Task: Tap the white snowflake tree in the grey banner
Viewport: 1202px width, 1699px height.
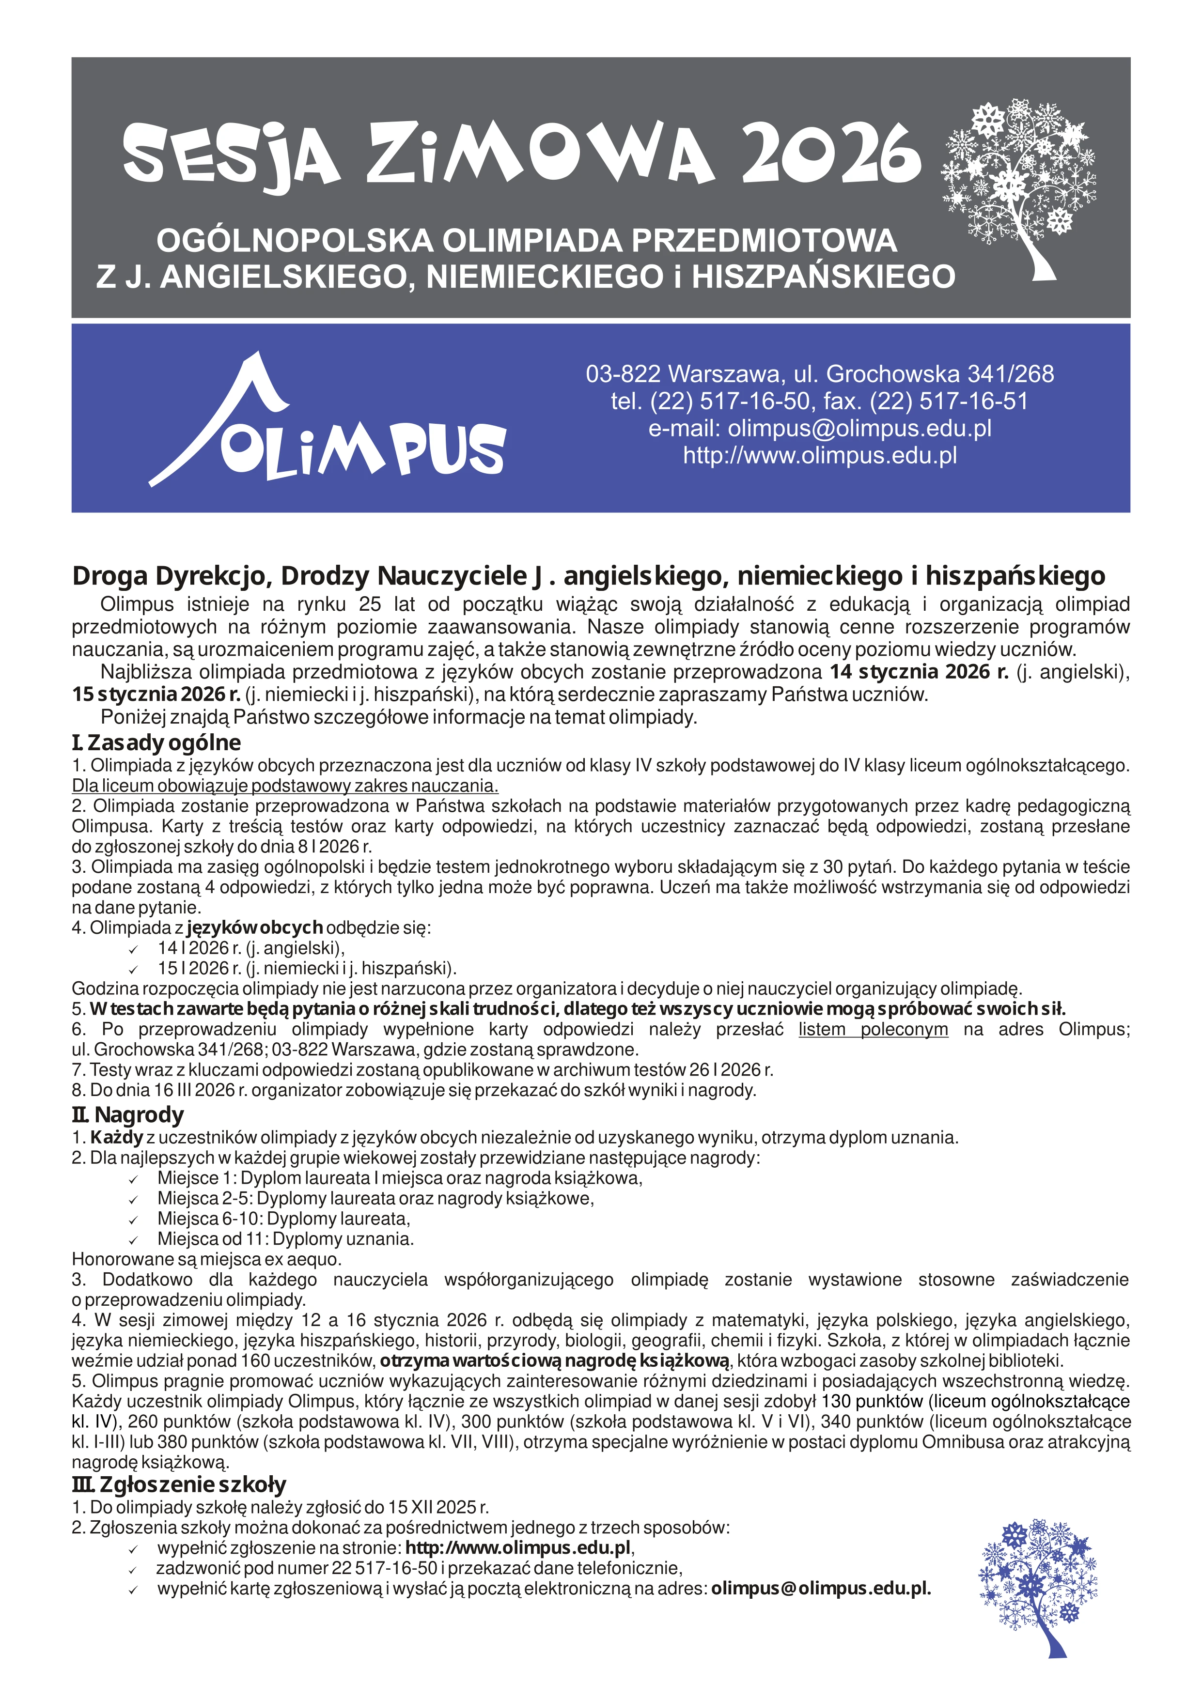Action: [x=1018, y=185]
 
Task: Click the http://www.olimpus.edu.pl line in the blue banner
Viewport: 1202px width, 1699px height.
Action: [x=819, y=455]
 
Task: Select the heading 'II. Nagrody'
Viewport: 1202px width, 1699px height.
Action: [x=127, y=1135]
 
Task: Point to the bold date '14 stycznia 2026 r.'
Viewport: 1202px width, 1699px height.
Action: [x=919, y=672]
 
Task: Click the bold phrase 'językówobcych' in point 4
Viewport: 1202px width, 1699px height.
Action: [x=255, y=927]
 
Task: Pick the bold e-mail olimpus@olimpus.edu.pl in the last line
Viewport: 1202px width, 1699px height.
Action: [x=821, y=1589]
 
